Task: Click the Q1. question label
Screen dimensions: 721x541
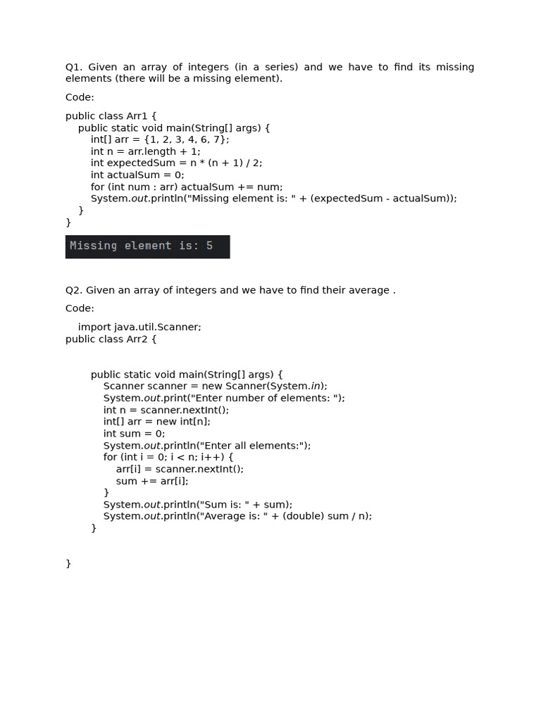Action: pyautogui.click(x=74, y=67)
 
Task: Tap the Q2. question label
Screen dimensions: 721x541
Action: pyautogui.click(x=74, y=290)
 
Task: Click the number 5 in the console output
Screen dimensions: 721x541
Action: pyautogui.click(x=209, y=246)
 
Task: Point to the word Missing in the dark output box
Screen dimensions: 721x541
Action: pyautogui.click(x=93, y=246)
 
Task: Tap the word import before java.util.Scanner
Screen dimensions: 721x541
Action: pyautogui.click(x=94, y=327)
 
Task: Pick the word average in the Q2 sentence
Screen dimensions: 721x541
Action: pyautogui.click(x=369, y=290)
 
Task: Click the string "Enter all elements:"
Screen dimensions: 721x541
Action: pyautogui.click(x=254, y=446)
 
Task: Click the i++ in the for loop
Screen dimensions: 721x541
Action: pyautogui.click(x=213, y=457)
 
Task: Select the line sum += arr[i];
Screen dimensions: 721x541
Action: pyautogui.click(x=152, y=481)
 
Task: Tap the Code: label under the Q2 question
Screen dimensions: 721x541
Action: pyautogui.click(x=80, y=308)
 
